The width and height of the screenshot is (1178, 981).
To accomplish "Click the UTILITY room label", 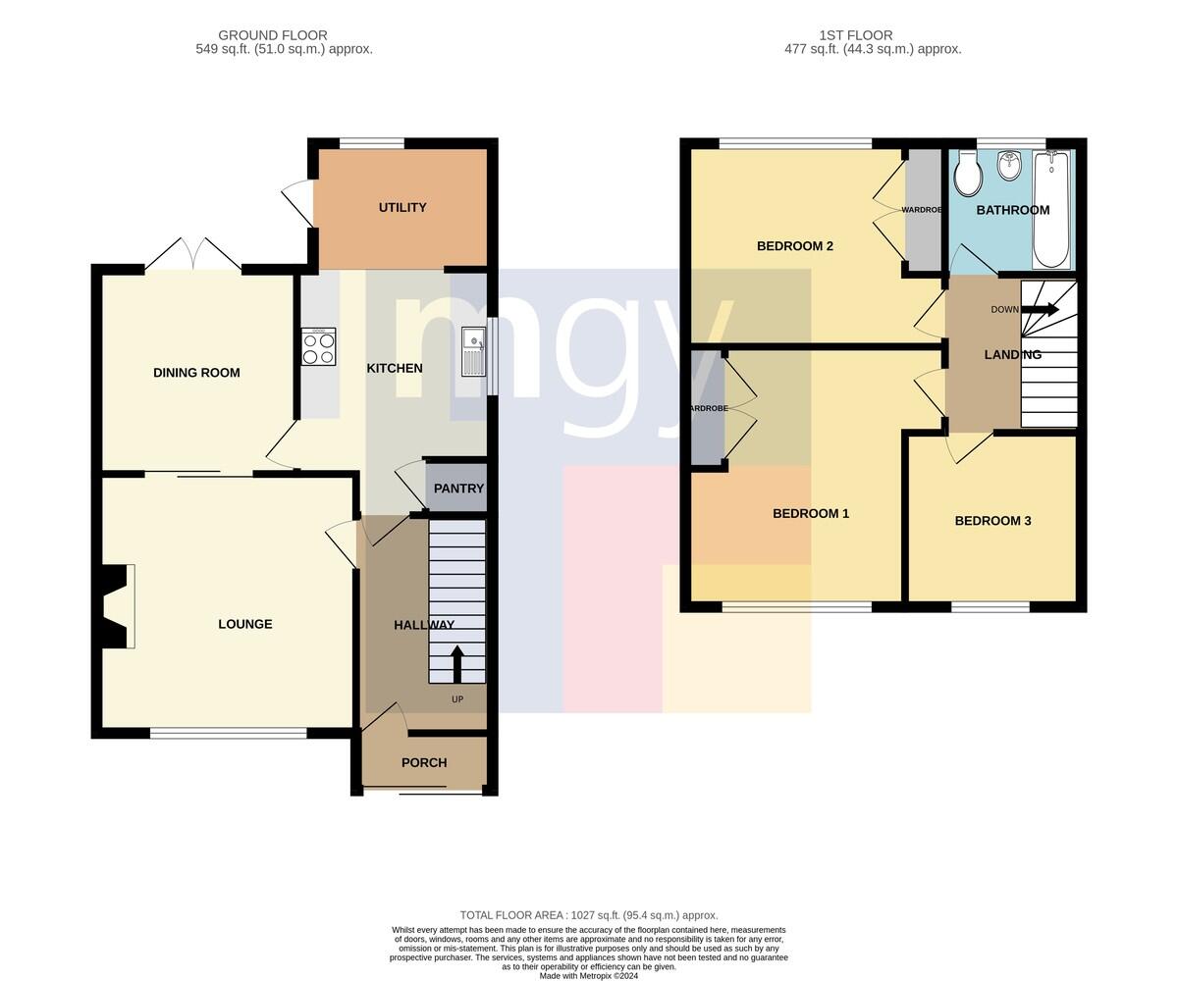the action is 402,207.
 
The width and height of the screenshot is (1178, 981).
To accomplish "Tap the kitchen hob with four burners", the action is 319,346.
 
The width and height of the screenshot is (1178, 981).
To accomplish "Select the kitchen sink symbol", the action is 473,351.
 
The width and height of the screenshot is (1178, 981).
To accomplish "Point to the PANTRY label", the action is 458,489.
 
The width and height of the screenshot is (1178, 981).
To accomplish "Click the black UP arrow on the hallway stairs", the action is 457,664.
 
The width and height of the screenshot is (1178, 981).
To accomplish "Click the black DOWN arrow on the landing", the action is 1040,310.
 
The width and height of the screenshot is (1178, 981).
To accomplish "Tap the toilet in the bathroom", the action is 968,174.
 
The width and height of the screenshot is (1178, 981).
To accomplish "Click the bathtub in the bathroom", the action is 1050,209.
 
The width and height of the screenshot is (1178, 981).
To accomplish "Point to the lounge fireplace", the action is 116,606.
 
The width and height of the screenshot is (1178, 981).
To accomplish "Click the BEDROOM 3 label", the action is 992,521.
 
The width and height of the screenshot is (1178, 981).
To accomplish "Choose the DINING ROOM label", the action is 196,373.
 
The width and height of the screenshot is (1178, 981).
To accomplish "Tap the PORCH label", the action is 424,763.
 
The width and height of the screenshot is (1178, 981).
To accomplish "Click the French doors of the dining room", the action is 193,254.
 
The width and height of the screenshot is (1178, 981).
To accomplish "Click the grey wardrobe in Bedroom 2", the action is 924,210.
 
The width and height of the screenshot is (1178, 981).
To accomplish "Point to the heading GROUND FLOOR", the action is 273,35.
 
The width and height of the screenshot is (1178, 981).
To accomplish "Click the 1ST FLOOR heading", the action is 856,35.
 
